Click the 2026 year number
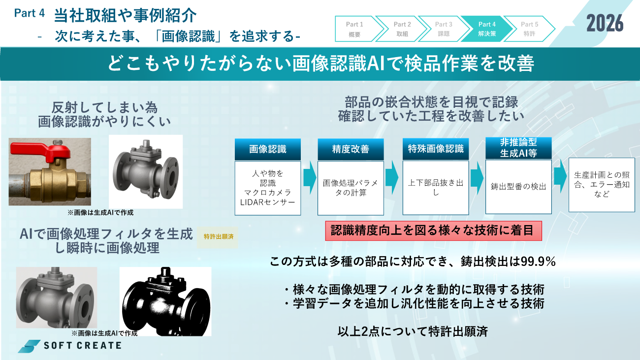[605, 23]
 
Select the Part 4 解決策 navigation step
[486, 29]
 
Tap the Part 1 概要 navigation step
[354, 29]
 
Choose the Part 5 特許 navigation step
[529, 29]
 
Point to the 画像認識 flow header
[267, 149]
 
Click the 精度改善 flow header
[351, 149]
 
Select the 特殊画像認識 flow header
[436, 149]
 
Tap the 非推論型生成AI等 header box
[518, 148]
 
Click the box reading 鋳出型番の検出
[518, 187]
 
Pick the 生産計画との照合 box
[602, 185]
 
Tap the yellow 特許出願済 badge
[218, 237]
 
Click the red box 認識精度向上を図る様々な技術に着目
[433, 231]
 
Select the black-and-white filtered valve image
[165, 301]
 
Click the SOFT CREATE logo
[70, 345]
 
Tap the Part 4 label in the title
[30, 13]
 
